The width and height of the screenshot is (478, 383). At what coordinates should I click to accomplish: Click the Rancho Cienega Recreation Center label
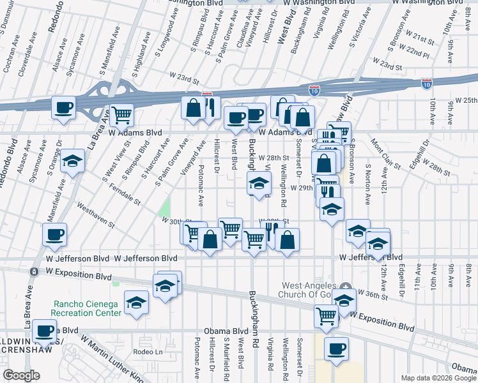pos(87,308)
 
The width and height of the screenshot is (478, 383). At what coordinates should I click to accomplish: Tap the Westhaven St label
pos(95,216)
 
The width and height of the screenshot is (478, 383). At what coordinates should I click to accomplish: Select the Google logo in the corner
pos(21,375)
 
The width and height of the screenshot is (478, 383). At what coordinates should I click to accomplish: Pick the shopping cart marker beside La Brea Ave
pos(121,115)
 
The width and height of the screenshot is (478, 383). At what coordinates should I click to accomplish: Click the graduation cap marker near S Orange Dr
pos(73,161)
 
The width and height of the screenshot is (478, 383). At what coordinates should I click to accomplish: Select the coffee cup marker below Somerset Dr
pos(336,349)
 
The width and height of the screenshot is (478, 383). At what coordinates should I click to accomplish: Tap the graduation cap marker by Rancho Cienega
pos(136,303)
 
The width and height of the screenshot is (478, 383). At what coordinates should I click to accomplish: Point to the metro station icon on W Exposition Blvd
pos(33,271)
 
